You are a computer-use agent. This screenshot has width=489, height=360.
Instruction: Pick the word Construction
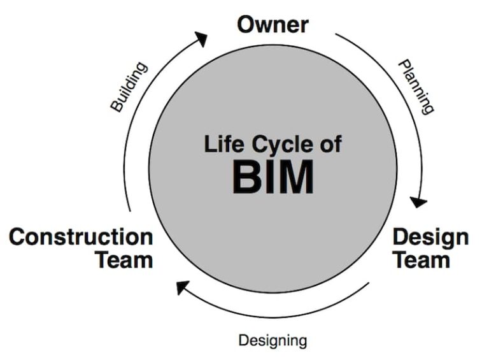coord(81,237)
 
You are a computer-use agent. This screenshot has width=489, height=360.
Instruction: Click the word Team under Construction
coord(124,260)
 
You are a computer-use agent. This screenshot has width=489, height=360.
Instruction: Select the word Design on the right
coord(430,237)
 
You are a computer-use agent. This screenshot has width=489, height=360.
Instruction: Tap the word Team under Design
coord(422,260)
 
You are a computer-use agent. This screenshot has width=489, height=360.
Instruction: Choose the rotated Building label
coord(129,87)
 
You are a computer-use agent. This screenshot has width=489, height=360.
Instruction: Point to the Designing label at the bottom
coord(273,340)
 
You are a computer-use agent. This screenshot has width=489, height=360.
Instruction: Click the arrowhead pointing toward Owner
coord(201,40)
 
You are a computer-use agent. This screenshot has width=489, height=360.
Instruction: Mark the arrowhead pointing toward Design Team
coord(418,202)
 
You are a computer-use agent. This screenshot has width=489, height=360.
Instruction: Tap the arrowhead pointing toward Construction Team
coord(183,287)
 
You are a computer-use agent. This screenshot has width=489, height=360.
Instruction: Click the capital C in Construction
coord(17,237)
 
